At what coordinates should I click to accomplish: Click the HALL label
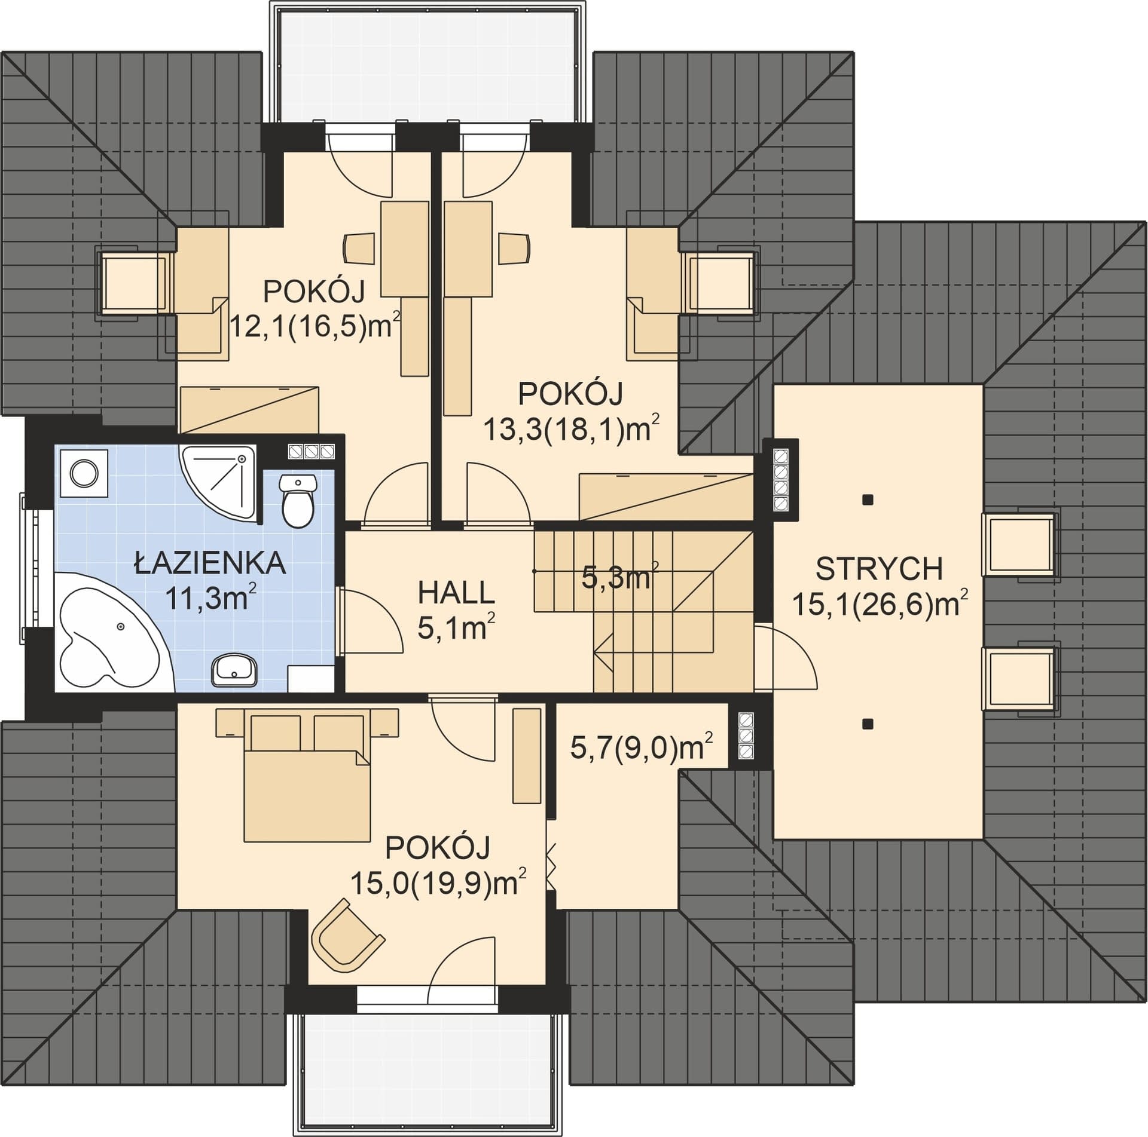pos(456,593)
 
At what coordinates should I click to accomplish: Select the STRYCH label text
pos(880,569)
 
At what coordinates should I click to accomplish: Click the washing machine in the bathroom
pos(81,472)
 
